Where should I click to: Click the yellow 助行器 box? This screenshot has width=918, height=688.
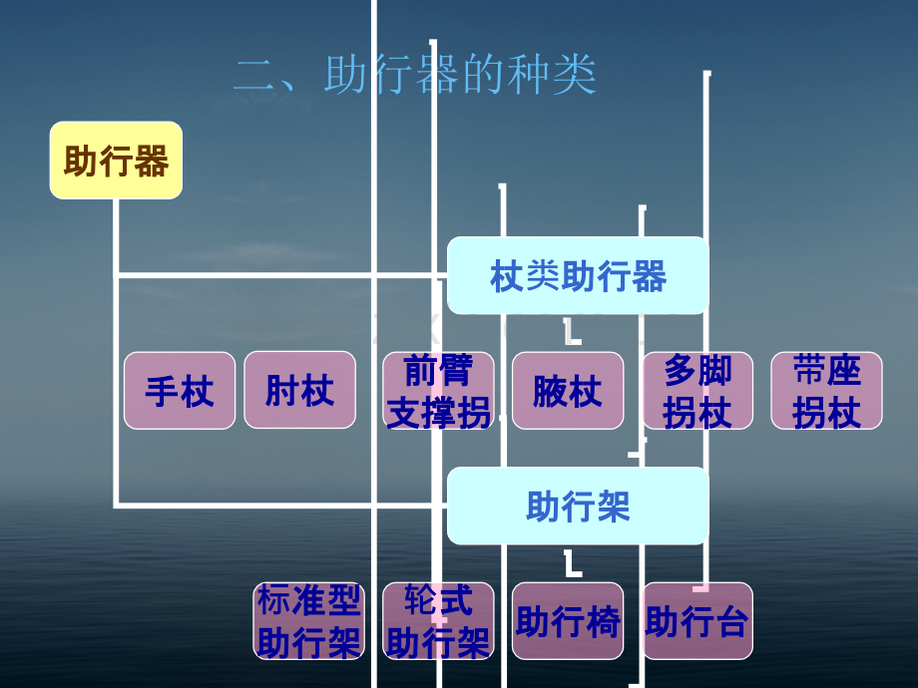(116, 161)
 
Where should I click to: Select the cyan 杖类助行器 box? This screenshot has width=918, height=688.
(578, 275)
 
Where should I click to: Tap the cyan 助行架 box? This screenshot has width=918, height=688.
(578, 507)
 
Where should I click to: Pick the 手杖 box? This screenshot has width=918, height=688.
(180, 391)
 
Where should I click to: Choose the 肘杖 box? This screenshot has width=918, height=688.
(299, 390)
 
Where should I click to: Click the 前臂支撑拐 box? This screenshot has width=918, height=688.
(438, 391)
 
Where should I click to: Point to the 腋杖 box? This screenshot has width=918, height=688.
(568, 391)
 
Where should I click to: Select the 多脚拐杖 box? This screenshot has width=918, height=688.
(697, 391)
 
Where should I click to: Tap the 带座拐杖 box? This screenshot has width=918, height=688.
(826, 391)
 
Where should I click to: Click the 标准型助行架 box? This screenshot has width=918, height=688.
(309, 621)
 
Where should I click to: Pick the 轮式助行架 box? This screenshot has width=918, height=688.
(438, 621)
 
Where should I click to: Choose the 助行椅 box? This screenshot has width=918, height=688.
(568, 621)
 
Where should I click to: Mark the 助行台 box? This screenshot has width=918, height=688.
(697, 621)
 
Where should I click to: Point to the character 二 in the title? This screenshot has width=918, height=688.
(255, 76)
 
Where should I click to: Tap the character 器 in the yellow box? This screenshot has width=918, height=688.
(151, 161)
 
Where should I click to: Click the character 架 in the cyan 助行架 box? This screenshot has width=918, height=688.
(613, 507)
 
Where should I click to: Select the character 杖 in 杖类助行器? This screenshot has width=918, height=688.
(507, 276)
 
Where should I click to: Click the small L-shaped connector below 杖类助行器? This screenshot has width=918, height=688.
(572, 332)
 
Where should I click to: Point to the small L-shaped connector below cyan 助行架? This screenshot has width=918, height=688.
(572, 563)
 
